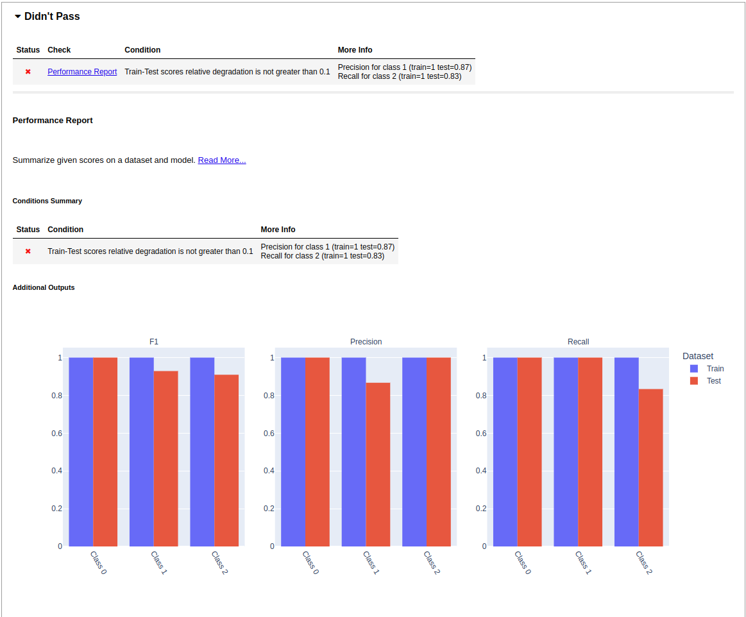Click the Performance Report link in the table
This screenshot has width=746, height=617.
(x=82, y=72)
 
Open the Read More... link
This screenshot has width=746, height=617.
(x=221, y=160)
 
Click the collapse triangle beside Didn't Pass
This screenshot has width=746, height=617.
(x=18, y=17)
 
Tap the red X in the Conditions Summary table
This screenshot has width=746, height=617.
(x=28, y=251)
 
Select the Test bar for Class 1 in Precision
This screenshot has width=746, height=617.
(x=378, y=464)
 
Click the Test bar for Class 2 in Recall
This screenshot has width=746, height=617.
(x=650, y=468)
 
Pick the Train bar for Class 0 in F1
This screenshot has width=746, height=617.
(x=81, y=452)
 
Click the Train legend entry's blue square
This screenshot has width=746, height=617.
(x=693, y=369)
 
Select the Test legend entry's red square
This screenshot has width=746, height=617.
(x=693, y=381)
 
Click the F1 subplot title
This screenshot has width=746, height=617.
(x=154, y=342)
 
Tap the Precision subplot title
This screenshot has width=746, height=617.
(x=366, y=342)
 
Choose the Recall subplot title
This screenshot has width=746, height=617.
(x=578, y=342)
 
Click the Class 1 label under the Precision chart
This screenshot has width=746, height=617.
(x=371, y=562)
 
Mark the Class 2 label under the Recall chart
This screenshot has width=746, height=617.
(x=643, y=562)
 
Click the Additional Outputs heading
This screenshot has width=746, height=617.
(x=44, y=287)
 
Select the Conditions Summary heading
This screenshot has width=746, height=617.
(x=47, y=201)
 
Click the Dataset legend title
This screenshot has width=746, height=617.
(x=697, y=356)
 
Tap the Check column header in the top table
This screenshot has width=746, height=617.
(x=59, y=50)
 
